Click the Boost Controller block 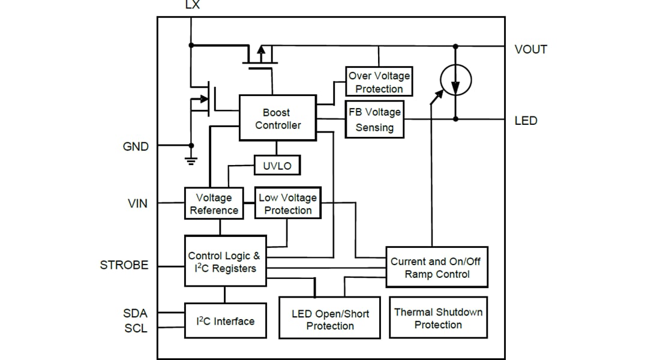(277, 118)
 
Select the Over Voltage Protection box (379, 82)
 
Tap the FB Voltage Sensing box (374, 119)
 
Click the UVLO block (277, 166)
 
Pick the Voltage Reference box (214, 204)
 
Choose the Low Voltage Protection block (288, 204)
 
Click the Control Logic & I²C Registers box (225, 262)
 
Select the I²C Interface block (225, 322)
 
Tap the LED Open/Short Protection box (329, 319)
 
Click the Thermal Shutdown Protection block (438, 318)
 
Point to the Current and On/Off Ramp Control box (436, 268)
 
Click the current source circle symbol (455, 80)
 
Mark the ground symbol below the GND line (191, 160)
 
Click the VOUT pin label (530, 50)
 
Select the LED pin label (526, 121)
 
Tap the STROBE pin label (124, 265)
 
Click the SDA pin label (135, 313)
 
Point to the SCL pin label (136, 328)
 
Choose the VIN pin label (137, 204)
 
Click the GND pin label (136, 146)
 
